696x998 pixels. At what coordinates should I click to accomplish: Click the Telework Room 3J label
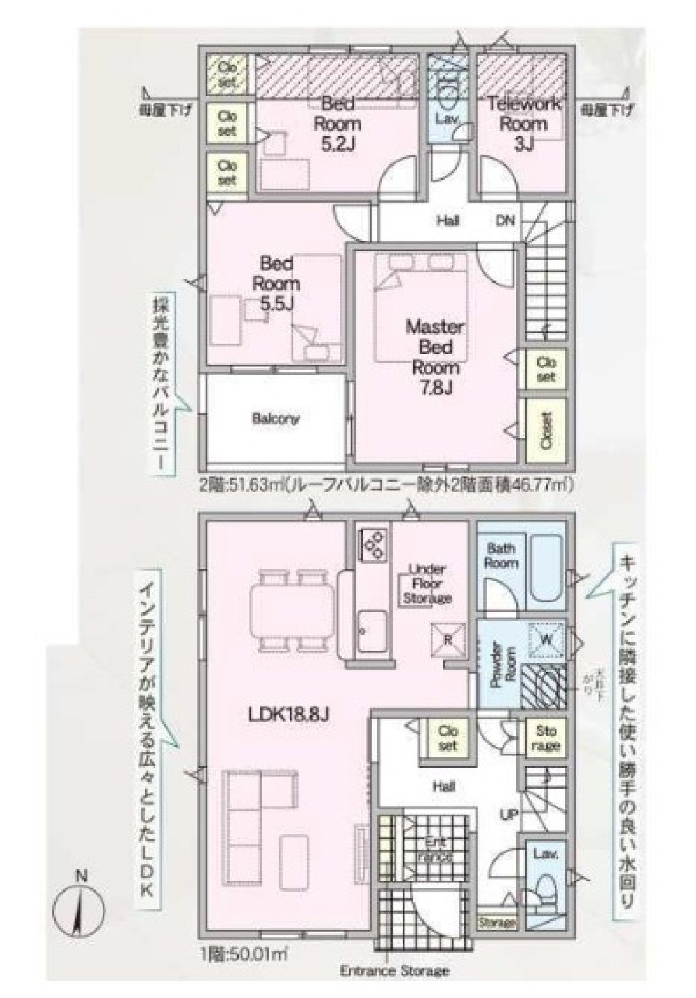click(x=523, y=124)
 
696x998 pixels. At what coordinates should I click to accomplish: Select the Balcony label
click(x=276, y=419)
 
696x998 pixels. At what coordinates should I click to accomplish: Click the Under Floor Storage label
click(x=427, y=583)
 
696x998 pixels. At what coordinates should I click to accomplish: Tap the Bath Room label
click(x=501, y=555)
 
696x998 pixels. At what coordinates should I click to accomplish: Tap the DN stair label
click(x=505, y=221)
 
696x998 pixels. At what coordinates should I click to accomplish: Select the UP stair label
click(x=509, y=813)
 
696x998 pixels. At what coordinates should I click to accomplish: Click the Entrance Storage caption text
click(x=395, y=970)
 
